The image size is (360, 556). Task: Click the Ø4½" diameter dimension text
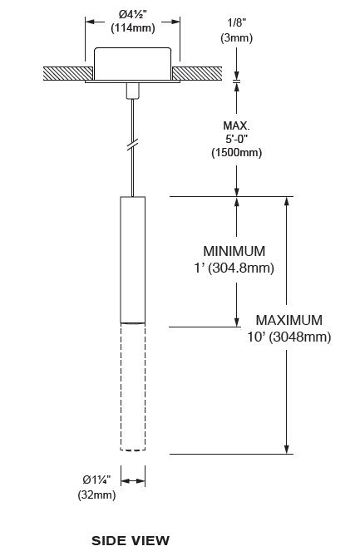[x=133, y=14]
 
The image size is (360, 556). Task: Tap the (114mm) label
[x=133, y=28]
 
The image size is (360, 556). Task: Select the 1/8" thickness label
[x=237, y=22]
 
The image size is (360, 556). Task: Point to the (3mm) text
[x=237, y=37]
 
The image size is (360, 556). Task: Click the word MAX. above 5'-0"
[x=236, y=125]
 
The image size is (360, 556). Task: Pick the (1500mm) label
[x=237, y=152]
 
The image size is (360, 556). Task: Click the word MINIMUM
[x=234, y=251]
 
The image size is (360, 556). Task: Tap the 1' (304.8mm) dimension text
[x=234, y=268]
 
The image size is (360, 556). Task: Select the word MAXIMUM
[x=289, y=320]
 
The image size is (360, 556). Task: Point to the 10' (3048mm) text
[x=289, y=337]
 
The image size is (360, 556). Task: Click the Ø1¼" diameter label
[x=96, y=480]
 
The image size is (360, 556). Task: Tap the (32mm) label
[x=96, y=494]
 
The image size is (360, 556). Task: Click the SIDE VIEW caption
[x=131, y=541]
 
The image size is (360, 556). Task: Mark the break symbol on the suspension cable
[x=132, y=145]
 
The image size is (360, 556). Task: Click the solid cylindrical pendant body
[x=133, y=260]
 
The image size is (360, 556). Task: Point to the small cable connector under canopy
[x=133, y=91]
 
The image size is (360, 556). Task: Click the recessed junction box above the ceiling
[x=133, y=64]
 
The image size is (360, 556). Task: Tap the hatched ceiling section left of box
[x=67, y=73]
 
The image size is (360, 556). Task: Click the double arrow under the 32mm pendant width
[x=133, y=481]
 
